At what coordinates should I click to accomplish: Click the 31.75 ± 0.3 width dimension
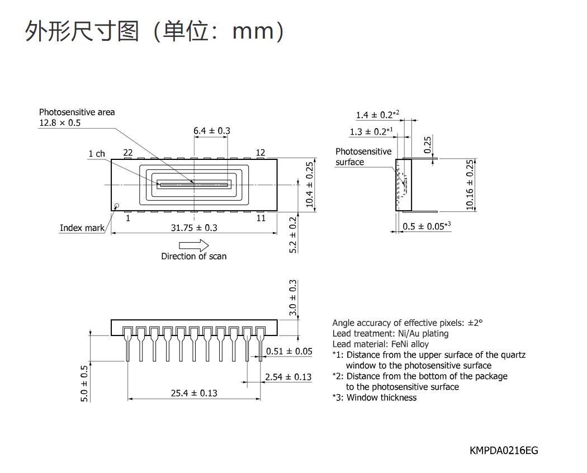194,228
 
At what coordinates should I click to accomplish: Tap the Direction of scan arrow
194,245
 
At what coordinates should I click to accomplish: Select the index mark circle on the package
116,206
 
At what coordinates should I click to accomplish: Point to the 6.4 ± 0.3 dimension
211,131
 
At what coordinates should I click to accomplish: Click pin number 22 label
128,153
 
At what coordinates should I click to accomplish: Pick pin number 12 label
261,153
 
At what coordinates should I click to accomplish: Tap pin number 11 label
261,218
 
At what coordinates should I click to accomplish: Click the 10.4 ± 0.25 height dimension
309,185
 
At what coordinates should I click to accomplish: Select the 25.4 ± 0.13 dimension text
194,393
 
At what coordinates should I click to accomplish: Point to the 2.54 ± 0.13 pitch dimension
288,377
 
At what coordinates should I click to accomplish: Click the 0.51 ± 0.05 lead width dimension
289,351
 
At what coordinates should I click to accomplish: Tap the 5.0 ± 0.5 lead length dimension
84,384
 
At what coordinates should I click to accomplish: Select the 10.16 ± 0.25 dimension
470,185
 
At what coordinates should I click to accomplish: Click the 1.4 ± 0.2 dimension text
377,115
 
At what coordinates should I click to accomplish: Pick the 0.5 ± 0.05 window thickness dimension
427,226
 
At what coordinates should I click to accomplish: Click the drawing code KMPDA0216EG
504,451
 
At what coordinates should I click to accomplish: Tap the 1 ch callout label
97,154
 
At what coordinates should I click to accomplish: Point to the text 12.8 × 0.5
60,123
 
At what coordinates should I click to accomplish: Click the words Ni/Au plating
423,334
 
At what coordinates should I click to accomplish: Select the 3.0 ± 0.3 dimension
293,298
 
